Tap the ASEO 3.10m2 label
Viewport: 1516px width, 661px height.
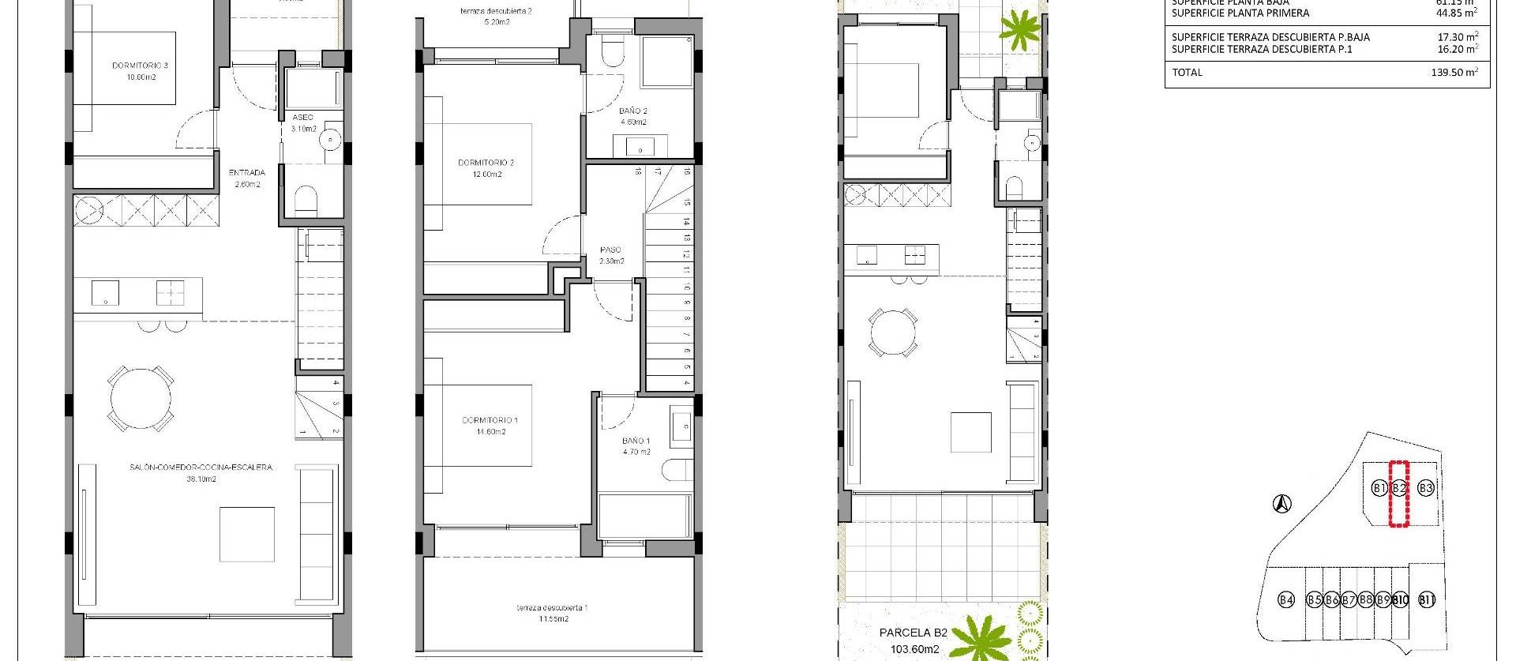click(303, 122)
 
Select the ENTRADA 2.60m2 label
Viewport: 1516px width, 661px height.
click(246, 178)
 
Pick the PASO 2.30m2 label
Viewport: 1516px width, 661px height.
click(611, 255)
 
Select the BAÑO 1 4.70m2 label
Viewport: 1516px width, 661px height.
click(636, 446)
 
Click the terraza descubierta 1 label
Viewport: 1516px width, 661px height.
click(552, 613)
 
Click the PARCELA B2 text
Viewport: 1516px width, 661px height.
click(913, 633)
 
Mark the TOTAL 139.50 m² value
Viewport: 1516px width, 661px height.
click(1457, 72)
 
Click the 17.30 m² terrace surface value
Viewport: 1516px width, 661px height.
click(1458, 36)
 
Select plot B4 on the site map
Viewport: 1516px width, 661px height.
click(1286, 599)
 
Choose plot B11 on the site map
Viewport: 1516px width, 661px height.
click(1427, 599)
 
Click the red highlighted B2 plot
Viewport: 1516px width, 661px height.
click(1399, 494)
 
